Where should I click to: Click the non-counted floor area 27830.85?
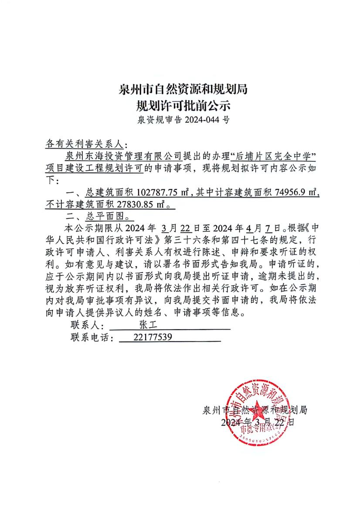point(137,204)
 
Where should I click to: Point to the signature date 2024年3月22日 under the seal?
point(258,422)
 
